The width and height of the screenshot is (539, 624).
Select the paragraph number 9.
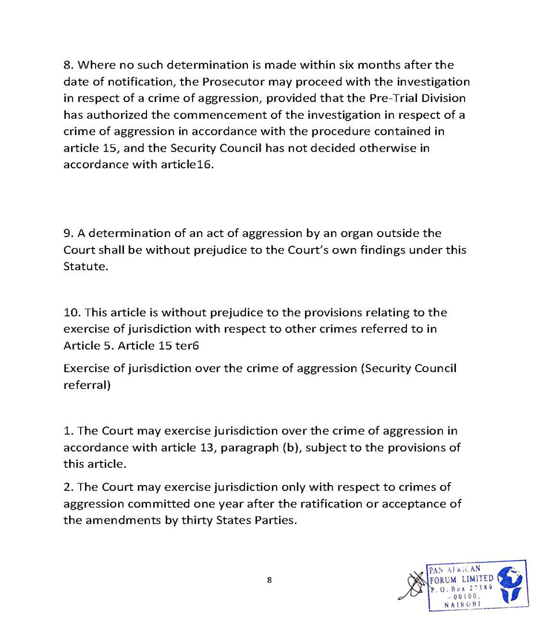pos(67,234)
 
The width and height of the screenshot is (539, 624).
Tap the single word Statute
pos(85,267)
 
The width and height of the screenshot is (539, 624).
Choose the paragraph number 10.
pos(71,313)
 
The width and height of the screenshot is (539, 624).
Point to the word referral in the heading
pos(85,385)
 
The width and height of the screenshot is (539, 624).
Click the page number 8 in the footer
pos(269,580)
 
